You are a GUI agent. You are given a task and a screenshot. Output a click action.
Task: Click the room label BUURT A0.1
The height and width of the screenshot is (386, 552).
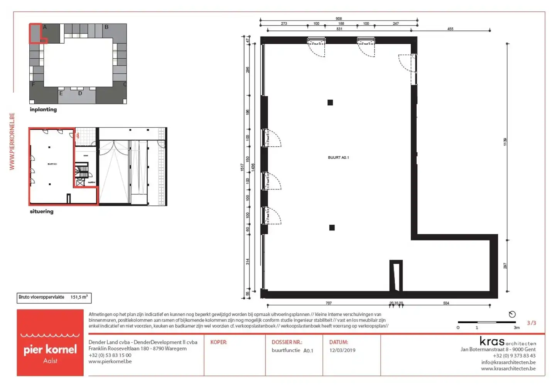point(338,157)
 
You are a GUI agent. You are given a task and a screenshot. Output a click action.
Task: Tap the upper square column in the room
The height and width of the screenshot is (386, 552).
point(330,103)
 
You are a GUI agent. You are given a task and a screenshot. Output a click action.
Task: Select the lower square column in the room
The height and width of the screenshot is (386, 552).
point(332,228)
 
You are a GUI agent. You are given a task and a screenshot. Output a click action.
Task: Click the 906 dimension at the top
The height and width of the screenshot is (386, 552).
point(339,19)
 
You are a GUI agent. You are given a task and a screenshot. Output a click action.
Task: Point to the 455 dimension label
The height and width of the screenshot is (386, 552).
point(450,29)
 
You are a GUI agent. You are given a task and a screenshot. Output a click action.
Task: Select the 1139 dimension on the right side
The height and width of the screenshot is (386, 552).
point(505,142)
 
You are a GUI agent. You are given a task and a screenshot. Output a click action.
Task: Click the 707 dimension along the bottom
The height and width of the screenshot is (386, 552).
point(329,303)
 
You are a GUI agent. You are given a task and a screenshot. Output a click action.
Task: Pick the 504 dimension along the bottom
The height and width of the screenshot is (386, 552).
point(446,303)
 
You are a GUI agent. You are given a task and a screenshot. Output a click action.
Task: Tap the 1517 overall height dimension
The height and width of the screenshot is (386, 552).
point(242,167)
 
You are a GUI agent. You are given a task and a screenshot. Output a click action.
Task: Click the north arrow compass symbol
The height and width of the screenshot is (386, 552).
point(512,314)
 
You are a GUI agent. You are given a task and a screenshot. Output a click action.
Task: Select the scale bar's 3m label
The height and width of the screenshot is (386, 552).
point(517,328)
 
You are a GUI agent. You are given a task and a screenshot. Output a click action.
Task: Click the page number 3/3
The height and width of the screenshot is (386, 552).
point(531,323)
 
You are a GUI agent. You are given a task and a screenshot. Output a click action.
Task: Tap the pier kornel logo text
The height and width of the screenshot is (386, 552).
point(50,349)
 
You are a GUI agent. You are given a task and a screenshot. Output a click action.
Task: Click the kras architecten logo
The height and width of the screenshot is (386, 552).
point(508,342)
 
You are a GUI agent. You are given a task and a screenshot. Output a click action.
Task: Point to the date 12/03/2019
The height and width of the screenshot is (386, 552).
point(342,350)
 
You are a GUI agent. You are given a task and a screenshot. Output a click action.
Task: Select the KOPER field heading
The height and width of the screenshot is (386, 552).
point(218,342)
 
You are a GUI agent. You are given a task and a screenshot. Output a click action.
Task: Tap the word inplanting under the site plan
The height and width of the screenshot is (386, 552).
point(43,110)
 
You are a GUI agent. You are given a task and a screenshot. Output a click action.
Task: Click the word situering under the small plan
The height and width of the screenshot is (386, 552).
point(42,212)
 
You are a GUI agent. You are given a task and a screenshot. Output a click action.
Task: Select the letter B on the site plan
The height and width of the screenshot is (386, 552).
point(106,27)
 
